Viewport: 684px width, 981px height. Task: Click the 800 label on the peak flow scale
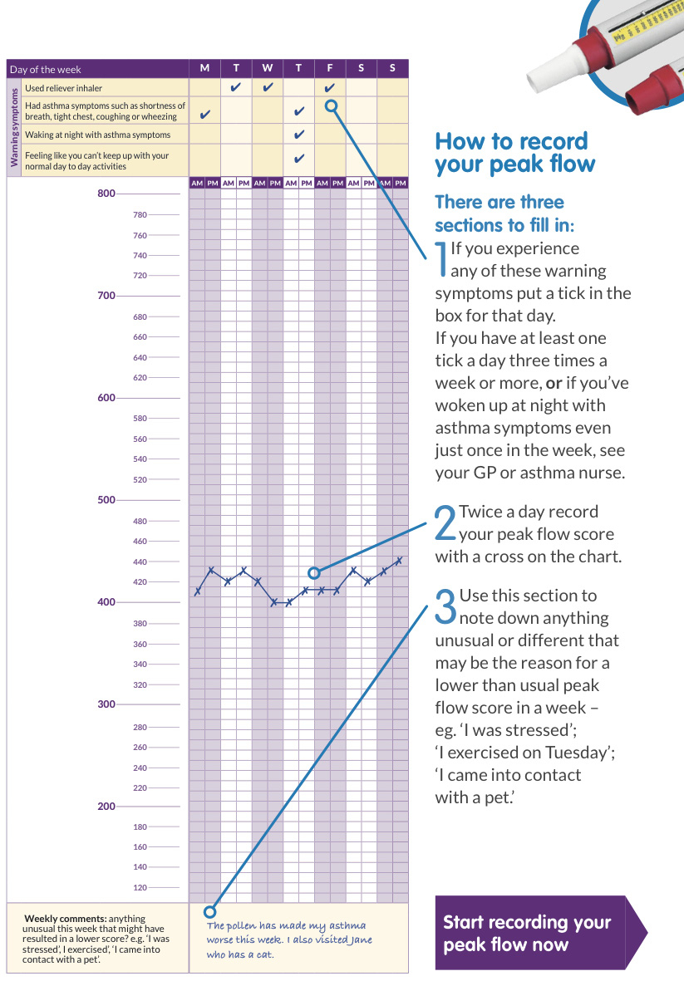tap(106, 194)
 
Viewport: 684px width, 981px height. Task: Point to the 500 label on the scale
tap(106, 500)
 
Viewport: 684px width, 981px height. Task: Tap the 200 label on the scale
tap(106, 807)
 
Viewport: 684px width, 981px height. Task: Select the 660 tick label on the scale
tap(140, 336)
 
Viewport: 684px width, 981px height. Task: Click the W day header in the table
tap(268, 67)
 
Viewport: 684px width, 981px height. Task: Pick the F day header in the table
tap(330, 67)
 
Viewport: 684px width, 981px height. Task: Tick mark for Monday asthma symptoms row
tap(204, 114)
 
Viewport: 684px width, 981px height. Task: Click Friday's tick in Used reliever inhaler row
tap(330, 87)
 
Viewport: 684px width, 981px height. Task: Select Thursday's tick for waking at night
tap(299, 134)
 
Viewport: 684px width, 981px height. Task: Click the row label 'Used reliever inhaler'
tap(63, 88)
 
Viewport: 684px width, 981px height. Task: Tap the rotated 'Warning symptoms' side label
tap(14, 127)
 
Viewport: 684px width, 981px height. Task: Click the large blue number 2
tap(445, 522)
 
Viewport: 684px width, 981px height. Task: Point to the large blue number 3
tap(445, 606)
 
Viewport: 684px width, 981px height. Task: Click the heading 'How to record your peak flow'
tap(514, 152)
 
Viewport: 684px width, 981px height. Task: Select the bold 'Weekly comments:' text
tap(65, 919)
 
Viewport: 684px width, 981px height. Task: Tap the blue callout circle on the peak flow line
tap(314, 572)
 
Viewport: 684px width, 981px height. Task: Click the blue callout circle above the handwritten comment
tap(210, 911)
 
